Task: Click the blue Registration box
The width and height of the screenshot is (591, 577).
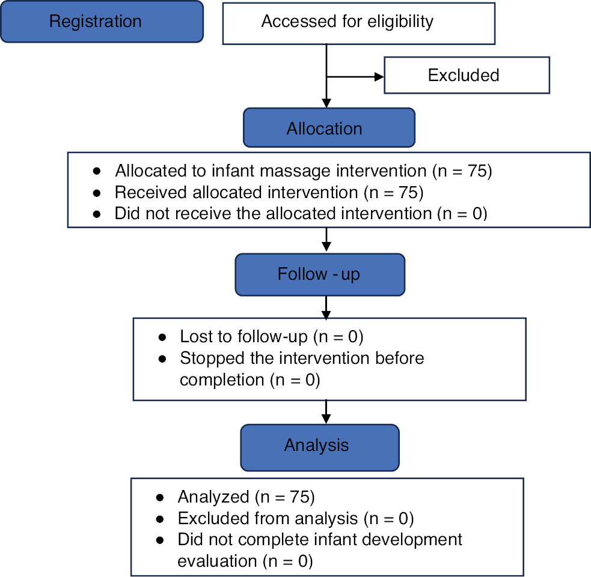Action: pyautogui.click(x=102, y=22)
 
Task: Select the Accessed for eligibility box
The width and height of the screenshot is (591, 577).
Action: pyautogui.click(x=358, y=23)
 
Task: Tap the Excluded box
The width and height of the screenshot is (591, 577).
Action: pyautogui.click(x=467, y=75)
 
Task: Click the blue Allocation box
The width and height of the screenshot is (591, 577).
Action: pyautogui.click(x=329, y=128)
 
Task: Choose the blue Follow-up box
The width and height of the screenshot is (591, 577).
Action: pyautogui.click(x=320, y=274)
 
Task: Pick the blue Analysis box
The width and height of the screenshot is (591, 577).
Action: pyautogui.click(x=320, y=447)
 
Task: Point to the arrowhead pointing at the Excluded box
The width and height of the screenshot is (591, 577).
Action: pyautogui.click(x=379, y=77)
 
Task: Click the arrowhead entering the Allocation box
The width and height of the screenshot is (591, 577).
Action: pyautogui.click(x=326, y=103)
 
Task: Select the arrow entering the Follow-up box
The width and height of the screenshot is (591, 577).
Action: pyautogui.click(x=326, y=240)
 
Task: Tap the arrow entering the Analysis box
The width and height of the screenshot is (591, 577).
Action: pyautogui.click(x=326, y=412)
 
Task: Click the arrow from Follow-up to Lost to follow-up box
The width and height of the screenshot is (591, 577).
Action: pyautogui.click(x=326, y=307)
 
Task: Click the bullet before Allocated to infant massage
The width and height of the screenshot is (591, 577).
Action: pyautogui.click(x=97, y=171)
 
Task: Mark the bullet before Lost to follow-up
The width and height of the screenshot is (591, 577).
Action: pyautogui.click(x=162, y=337)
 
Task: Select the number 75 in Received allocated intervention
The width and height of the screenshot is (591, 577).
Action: pyautogui.click(x=408, y=192)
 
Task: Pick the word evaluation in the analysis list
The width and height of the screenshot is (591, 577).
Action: pyautogui.click(x=217, y=561)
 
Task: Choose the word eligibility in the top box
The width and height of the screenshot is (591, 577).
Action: pyautogui.click(x=400, y=22)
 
